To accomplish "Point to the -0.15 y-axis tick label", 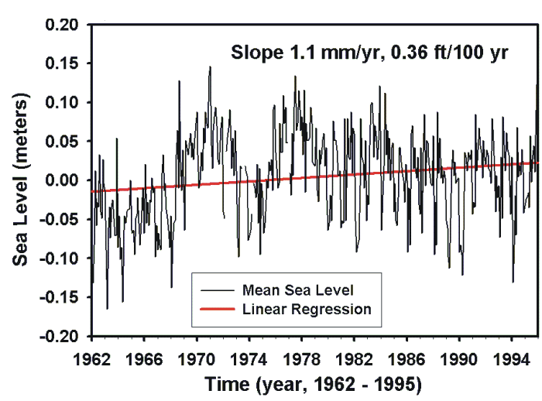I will coord(61,298).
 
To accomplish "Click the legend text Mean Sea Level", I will coord(297,290).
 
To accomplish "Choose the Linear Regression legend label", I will coord(307,309).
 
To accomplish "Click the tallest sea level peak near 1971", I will coord(210,67).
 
